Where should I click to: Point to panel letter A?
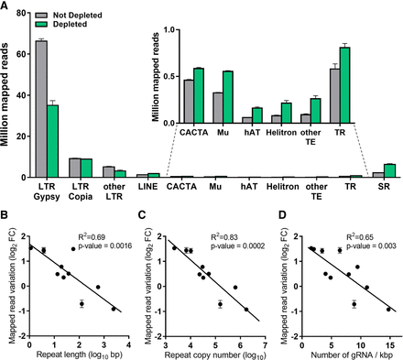pos(6,7)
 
